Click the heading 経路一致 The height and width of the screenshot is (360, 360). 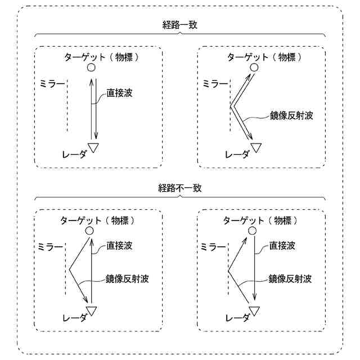coord(180,25)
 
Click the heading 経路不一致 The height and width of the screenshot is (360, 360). coord(180,188)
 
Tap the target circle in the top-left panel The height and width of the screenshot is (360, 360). coord(91,67)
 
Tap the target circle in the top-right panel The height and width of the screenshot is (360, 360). coord(254,67)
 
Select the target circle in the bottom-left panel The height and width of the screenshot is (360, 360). coord(89,231)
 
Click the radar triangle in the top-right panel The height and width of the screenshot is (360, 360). coord(256,147)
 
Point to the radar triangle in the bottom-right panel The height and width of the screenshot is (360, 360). coord(255,310)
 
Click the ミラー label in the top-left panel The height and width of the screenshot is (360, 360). coord(52,83)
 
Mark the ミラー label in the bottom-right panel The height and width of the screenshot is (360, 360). coord(214,246)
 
